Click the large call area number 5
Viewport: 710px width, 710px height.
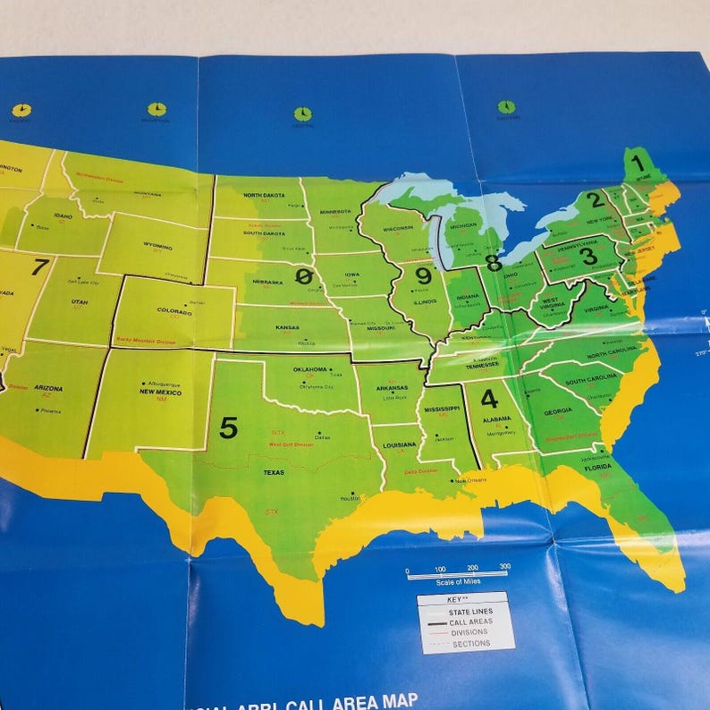[x=229, y=428]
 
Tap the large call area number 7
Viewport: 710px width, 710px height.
[x=39, y=266]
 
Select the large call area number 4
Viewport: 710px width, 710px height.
[x=489, y=399]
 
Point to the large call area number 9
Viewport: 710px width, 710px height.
[x=423, y=276]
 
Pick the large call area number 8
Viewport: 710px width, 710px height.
[x=493, y=263]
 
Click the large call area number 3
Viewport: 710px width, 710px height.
[x=587, y=256]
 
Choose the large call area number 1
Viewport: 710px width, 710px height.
[x=638, y=164]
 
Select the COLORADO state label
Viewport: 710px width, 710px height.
[x=174, y=312]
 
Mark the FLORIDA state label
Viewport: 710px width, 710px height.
[x=598, y=467]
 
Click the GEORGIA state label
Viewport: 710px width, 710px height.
[x=557, y=410]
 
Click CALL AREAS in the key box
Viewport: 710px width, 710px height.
[x=470, y=621]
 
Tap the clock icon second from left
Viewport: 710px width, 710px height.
[x=156, y=109]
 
